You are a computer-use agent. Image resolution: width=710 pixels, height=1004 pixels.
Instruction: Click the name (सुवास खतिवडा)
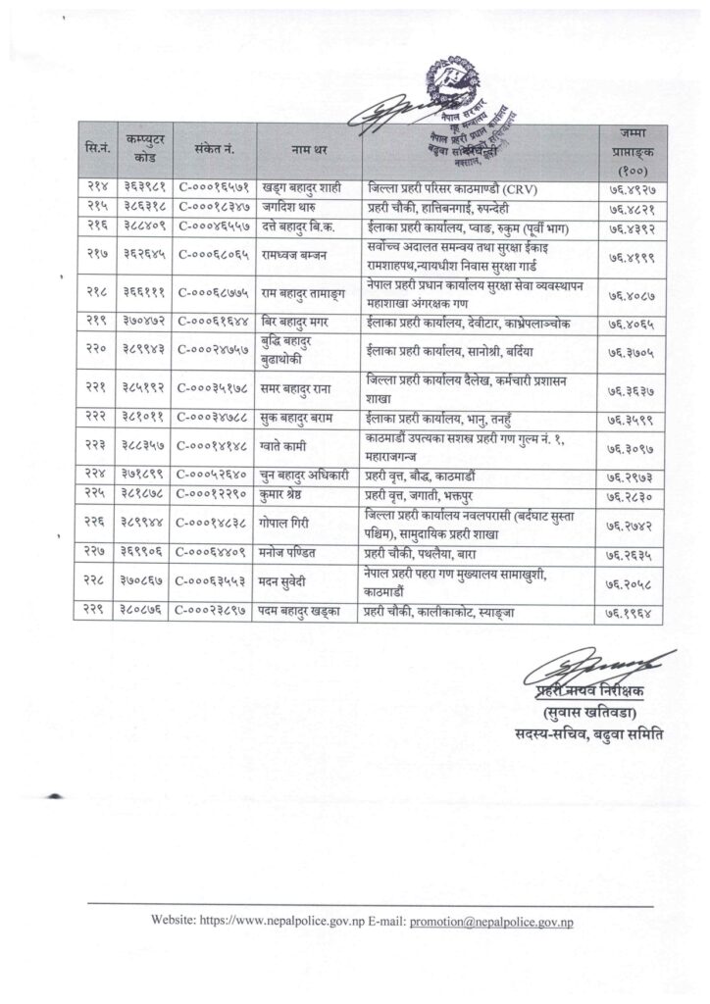595,713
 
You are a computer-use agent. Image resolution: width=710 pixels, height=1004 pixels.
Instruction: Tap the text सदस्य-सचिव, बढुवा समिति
594,733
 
